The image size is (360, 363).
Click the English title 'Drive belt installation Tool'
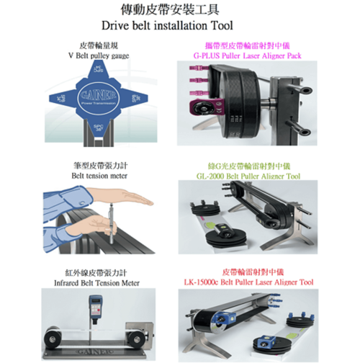point(179,26)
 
